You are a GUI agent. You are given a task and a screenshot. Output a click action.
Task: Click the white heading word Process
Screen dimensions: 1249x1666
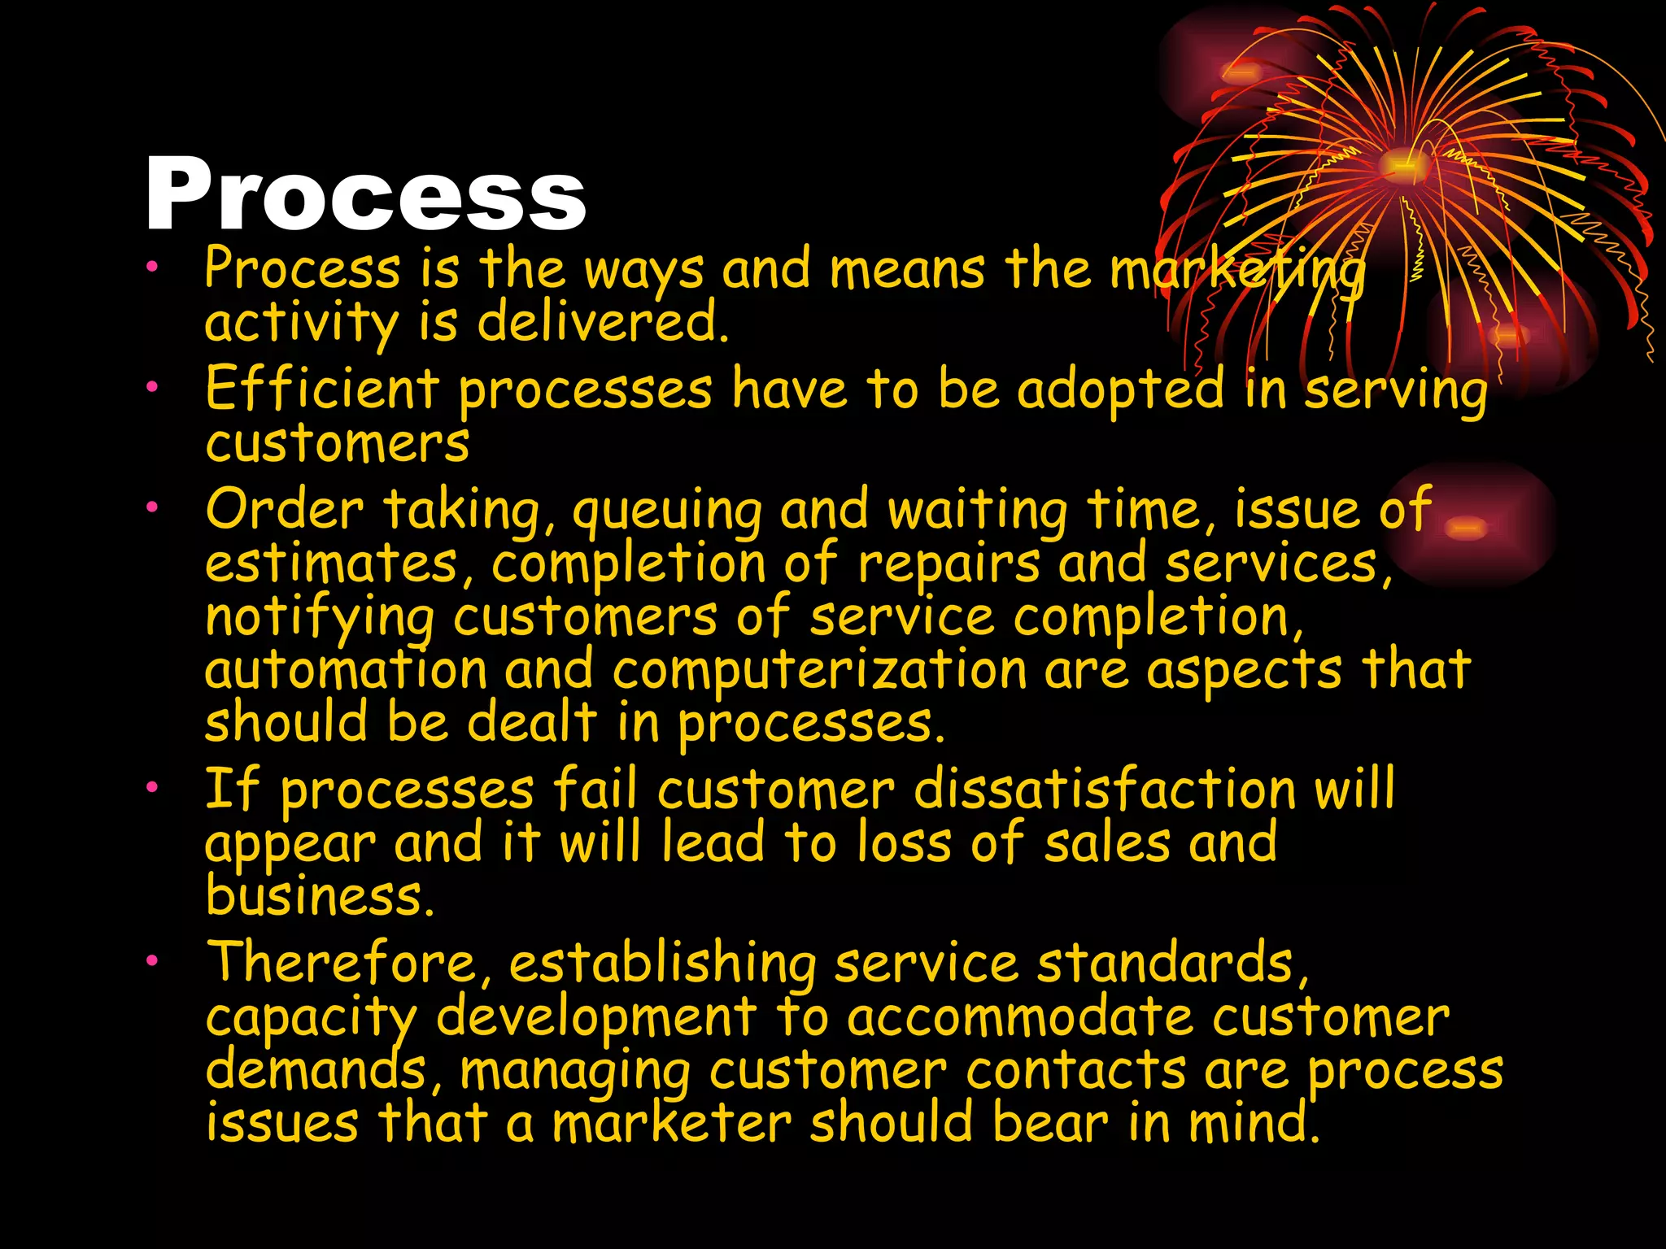click(x=365, y=195)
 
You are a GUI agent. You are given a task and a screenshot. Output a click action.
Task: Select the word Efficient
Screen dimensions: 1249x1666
click(x=322, y=388)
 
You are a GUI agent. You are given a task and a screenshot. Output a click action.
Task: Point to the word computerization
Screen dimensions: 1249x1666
click(x=819, y=672)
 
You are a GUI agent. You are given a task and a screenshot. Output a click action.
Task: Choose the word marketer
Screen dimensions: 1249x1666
click(x=671, y=1123)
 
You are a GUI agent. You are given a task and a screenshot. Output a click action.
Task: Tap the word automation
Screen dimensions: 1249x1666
click(x=346, y=672)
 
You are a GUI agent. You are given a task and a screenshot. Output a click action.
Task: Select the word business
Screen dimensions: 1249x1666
click(x=319, y=896)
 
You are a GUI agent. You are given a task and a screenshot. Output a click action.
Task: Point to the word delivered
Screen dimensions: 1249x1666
click(x=602, y=322)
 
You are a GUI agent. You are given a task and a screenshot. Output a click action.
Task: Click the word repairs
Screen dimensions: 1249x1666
click(x=949, y=564)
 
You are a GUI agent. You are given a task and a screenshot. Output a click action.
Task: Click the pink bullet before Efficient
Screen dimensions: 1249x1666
click(x=151, y=388)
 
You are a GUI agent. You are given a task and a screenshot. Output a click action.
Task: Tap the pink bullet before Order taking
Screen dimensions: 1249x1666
click(x=151, y=508)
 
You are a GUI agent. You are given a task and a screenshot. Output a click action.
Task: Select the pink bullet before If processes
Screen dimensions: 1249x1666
click(x=151, y=787)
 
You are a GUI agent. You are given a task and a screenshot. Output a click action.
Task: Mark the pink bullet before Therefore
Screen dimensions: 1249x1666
click(x=151, y=961)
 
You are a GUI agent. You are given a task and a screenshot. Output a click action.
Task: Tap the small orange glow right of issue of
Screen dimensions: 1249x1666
click(x=1466, y=529)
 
